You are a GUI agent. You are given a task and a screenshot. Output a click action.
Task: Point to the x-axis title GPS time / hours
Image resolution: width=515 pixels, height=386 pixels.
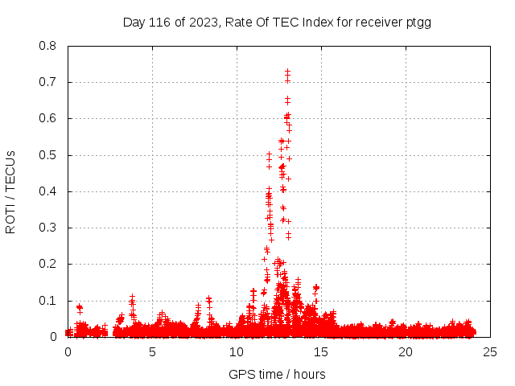277,374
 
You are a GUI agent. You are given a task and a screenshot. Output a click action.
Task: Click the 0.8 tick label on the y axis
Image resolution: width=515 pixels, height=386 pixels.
47,46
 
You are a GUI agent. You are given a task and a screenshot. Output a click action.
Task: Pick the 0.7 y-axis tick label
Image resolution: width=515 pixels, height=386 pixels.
47,82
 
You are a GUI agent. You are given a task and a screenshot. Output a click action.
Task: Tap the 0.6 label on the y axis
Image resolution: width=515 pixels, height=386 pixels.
47,118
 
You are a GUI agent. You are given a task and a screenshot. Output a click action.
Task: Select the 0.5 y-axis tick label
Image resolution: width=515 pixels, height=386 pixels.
47,155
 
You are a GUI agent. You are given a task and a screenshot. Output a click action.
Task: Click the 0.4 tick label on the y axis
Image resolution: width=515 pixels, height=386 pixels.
47,191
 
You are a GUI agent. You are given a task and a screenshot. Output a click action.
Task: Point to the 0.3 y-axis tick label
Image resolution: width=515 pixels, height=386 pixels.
47,228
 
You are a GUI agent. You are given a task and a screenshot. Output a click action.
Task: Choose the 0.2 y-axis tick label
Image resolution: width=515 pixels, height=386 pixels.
47,264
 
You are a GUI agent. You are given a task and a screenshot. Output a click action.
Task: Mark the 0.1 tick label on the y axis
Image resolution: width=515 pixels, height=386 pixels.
47,301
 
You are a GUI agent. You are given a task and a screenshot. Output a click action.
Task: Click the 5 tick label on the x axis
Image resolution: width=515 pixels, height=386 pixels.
152,352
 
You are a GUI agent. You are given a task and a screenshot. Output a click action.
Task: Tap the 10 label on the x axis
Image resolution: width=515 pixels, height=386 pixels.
237,352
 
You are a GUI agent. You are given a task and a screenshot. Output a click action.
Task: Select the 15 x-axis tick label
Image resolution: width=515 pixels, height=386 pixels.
321,352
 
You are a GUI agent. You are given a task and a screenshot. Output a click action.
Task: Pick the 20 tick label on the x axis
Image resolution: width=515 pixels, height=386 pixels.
406,352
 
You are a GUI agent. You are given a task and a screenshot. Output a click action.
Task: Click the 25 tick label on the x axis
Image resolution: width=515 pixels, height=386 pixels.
490,352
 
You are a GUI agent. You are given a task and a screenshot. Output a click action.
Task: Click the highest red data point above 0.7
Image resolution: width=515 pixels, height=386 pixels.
287,72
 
